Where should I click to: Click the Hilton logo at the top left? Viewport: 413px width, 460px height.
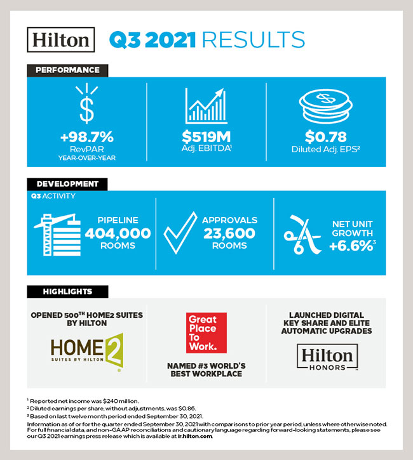[61, 39]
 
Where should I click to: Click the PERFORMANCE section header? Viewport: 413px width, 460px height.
[67, 70]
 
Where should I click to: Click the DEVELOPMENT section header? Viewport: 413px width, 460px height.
[67, 184]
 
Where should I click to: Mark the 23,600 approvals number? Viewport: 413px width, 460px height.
[229, 233]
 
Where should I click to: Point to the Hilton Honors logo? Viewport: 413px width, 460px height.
[325, 357]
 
